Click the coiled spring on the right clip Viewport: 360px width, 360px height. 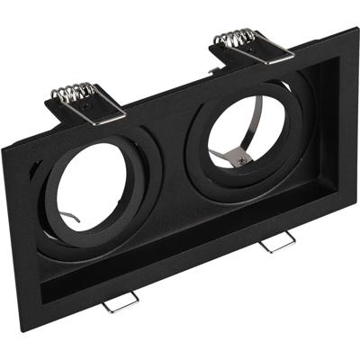(236, 39)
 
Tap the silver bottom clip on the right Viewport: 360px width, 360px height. (277, 243)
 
